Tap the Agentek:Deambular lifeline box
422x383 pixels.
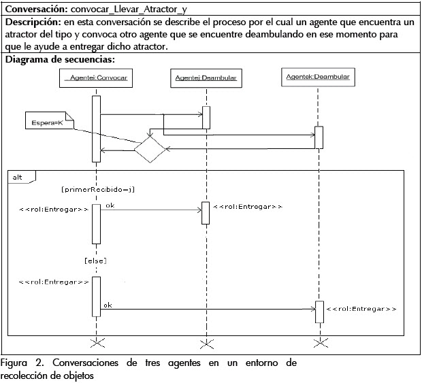[x=318, y=78]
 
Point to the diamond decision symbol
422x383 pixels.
[x=149, y=148]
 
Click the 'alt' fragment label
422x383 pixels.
[x=17, y=177]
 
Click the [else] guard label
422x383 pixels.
[x=95, y=261]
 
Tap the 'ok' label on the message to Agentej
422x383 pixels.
[x=110, y=205]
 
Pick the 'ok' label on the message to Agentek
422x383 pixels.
[x=108, y=305]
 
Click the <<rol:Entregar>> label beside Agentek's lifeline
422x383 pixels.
[x=361, y=310]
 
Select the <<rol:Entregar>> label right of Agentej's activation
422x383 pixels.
[x=248, y=206]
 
